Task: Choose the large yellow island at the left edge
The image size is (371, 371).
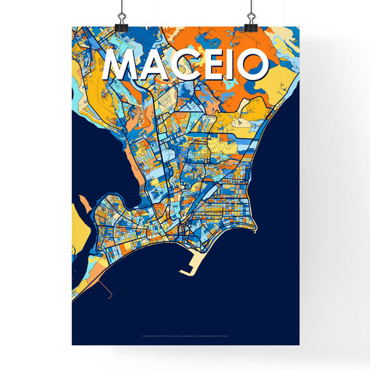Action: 78,230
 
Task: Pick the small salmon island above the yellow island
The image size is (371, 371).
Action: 83,203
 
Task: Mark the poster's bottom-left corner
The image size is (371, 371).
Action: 72,345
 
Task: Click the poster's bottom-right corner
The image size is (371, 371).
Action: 299,345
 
